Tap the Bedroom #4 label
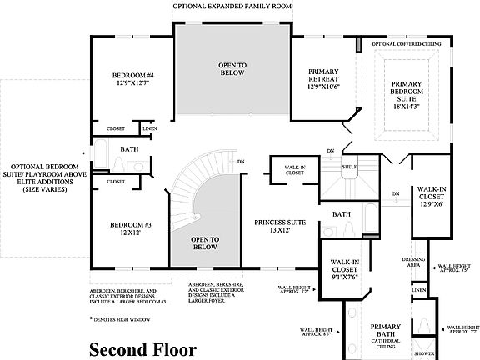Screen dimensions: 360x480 tap(133, 79)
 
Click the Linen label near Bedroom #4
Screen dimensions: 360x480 tap(149, 128)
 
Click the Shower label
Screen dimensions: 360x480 tap(424, 352)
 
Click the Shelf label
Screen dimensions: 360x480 tap(349, 167)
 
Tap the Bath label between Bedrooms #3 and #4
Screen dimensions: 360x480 tap(129, 149)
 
